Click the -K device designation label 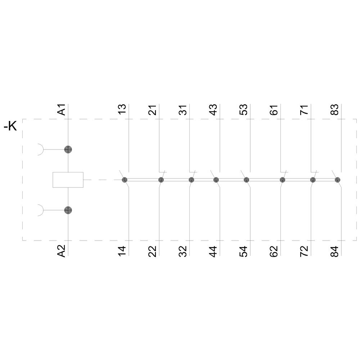pyautogui.click(x=10, y=126)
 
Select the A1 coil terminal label pyautogui.click(x=62, y=109)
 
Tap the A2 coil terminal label pyautogui.click(x=62, y=251)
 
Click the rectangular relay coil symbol pyautogui.click(x=68, y=180)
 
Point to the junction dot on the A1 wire pyautogui.click(x=68, y=149)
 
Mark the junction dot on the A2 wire pyautogui.click(x=68, y=210)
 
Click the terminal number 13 pyautogui.click(x=122, y=109)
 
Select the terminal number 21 pyautogui.click(x=152, y=110)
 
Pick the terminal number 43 pyautogui.click(x=213, y=109)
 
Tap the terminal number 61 pyautogui.click(x=274, y=110)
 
